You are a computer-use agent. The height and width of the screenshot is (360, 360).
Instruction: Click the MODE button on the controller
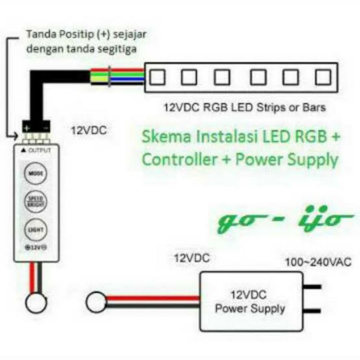(36, 173)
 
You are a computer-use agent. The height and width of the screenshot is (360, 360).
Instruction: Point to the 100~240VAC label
(318, 262)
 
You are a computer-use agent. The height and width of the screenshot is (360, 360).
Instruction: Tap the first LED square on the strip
(157, 77)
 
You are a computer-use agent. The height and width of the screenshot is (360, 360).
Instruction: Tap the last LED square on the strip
(323, 77)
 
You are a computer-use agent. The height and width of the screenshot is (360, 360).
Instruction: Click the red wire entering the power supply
(153, 297)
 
